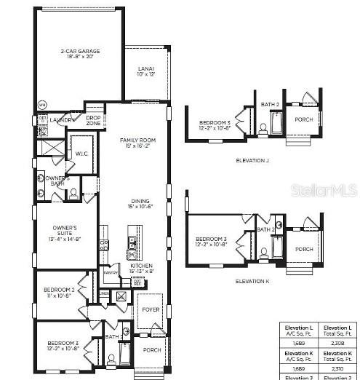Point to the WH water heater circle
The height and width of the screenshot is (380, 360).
point(41,104)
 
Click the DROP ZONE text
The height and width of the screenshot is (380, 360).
point(93,120)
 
